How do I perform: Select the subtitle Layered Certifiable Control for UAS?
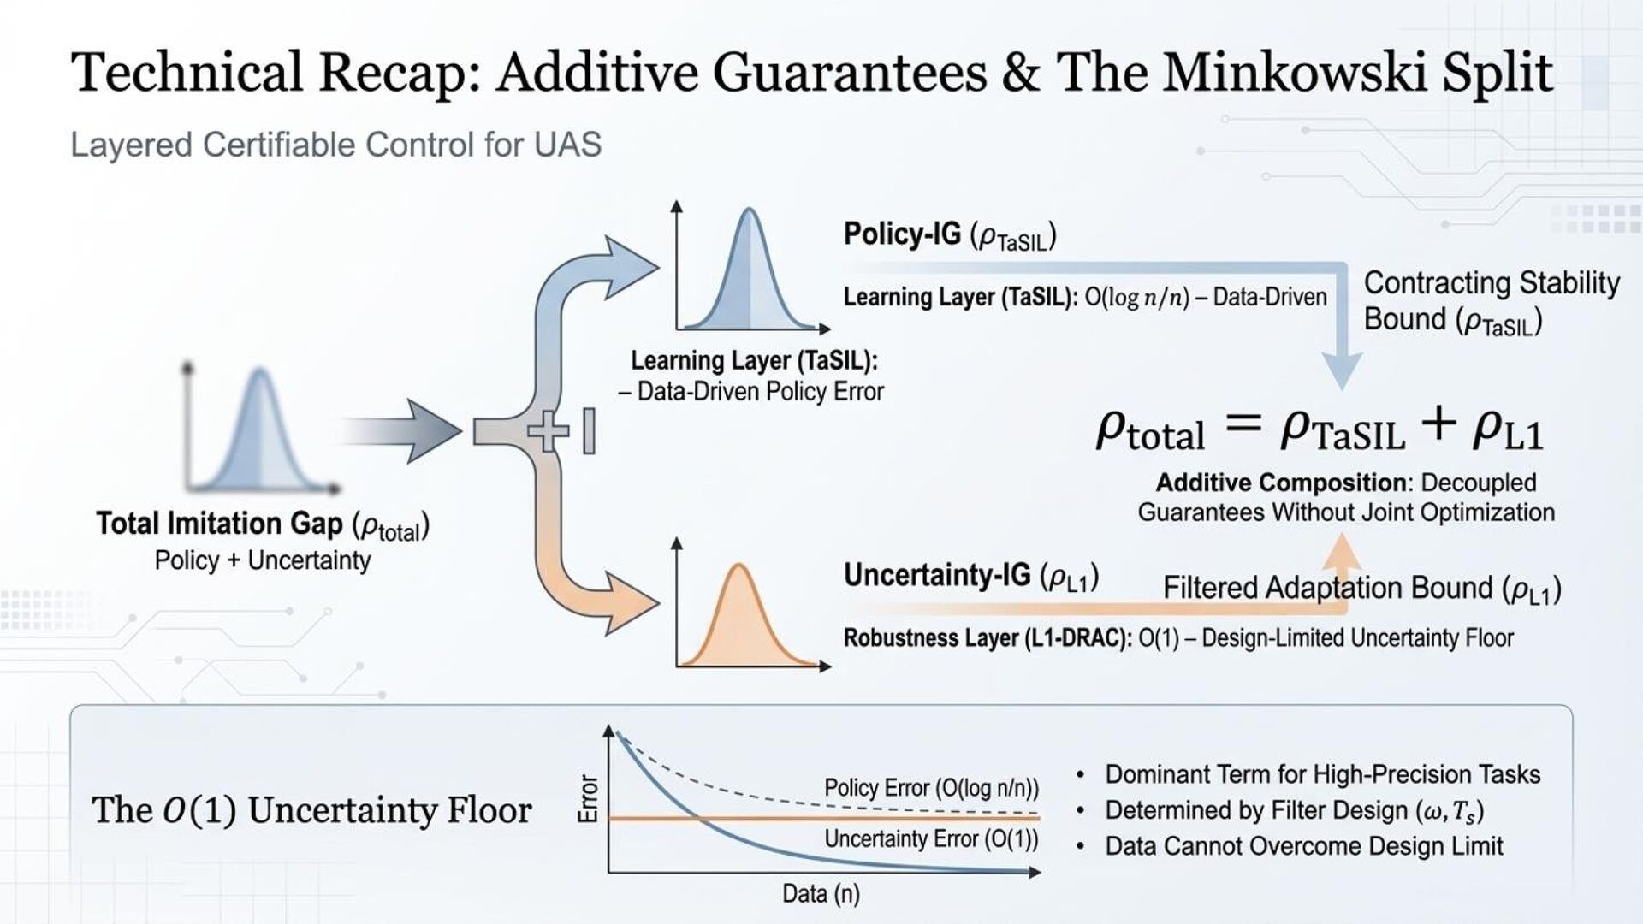click(x=335, y=145)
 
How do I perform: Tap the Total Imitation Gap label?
click(x=262, y=524)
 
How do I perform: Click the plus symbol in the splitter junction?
click(x=548, y=430)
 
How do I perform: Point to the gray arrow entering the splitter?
click(x=402, y=430)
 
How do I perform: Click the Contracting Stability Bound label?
click(x=1491, y=300)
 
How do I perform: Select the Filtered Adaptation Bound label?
click(x=1361, y=589)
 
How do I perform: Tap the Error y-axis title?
click(x=589, y=798)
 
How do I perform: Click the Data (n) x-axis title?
click(x=820, y=894)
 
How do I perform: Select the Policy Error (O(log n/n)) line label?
click(x=931, y=788)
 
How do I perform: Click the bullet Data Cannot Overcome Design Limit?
click(x=1303, y=846)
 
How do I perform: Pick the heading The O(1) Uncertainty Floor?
click(x=311, y=810)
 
